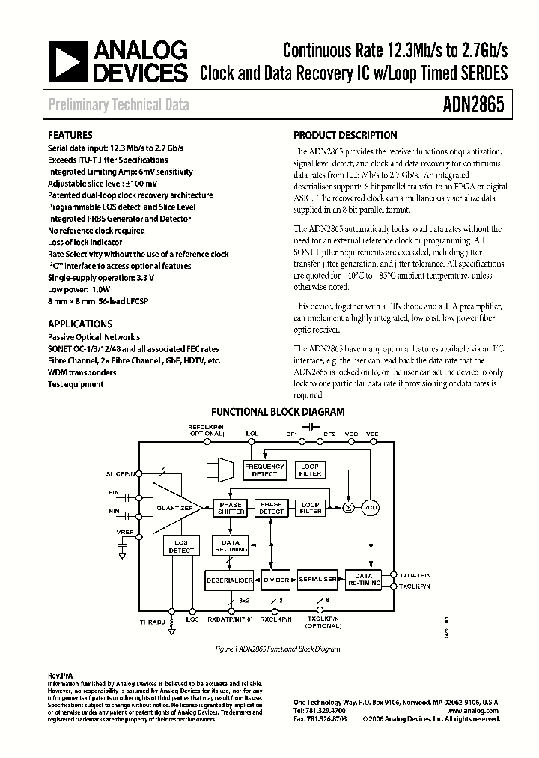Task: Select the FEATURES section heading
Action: tap(70, 136)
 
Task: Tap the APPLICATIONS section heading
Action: tap(80, 324)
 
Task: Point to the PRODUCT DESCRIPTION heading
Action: tap(345, 136)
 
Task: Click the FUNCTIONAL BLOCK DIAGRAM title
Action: tap(278, 412)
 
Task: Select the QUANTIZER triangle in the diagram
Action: tap(174, 508)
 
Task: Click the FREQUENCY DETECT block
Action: tap(264, 470)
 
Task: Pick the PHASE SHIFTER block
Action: tap(230, 508)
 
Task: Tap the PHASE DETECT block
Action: tap(271, 508)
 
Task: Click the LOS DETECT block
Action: tap(180, 546)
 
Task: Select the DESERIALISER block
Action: tap(229, 579)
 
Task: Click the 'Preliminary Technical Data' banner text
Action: tap(119, 105)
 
